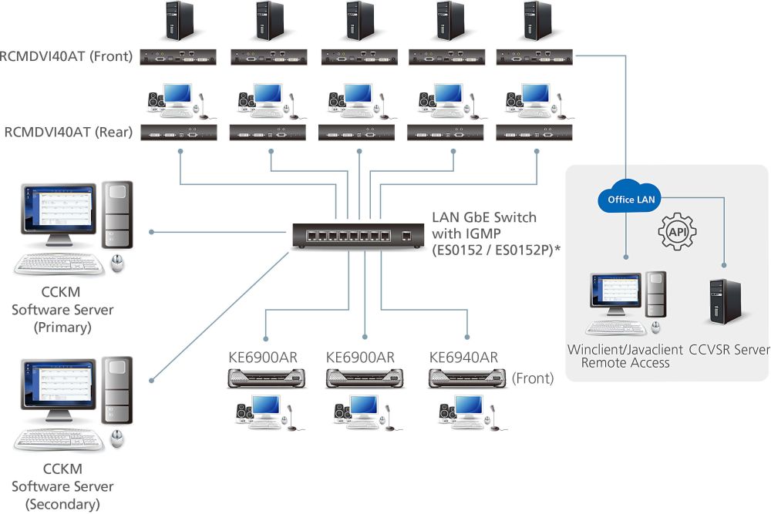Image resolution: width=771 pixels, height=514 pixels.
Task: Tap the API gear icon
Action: (x=678, y=231)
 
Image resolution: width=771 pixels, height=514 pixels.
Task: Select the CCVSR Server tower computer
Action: (x=724, y=302)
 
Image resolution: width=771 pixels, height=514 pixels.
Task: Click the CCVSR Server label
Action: (x=729, y=349)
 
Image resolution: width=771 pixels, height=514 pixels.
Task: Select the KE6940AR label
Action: (x=463, y=357)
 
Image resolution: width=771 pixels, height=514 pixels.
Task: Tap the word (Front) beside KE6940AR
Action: (x=533, y=378)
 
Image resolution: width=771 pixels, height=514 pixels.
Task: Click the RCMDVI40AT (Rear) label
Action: (x=69, y=132)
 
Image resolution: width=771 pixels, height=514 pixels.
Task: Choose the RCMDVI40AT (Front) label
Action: (x=67, y=55)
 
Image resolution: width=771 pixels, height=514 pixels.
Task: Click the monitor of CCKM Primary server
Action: (x=55, y=213)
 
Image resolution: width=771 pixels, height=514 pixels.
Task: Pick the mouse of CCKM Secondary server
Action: (x=117, y=439)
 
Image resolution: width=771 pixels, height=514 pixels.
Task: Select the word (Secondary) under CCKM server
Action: (x=62, y=505)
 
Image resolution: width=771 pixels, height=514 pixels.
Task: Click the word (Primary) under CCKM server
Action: (x=62, y=327)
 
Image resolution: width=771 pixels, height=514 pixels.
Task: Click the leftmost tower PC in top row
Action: (x=179, y=20)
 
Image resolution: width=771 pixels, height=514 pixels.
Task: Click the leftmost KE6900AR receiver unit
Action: (x=266, y=378)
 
